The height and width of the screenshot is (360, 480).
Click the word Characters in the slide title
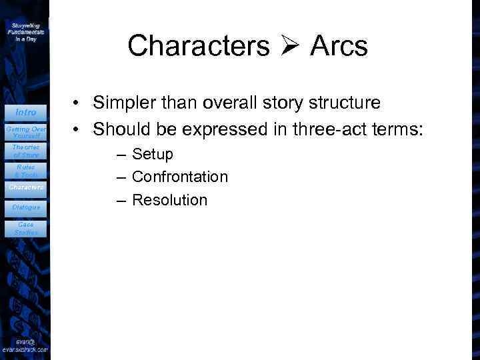(198, 46)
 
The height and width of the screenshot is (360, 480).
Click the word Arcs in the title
(339, 46)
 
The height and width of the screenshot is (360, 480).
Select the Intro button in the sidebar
(25, 112)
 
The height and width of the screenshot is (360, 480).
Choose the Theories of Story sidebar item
(25, 151)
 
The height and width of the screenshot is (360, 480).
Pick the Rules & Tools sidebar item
(25, 171)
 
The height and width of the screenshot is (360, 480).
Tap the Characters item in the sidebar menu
(25, 187)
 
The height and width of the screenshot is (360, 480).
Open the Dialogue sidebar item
(25, 207)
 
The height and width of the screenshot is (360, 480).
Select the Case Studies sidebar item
(25, 229)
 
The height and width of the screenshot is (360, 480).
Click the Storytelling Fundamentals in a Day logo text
(25, 31)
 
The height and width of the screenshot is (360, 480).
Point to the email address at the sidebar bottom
(25, 345)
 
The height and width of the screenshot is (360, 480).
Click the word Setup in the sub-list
(153, 155)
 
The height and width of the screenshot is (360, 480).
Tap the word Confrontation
(180, 177)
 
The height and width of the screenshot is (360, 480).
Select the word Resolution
(169, 200)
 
